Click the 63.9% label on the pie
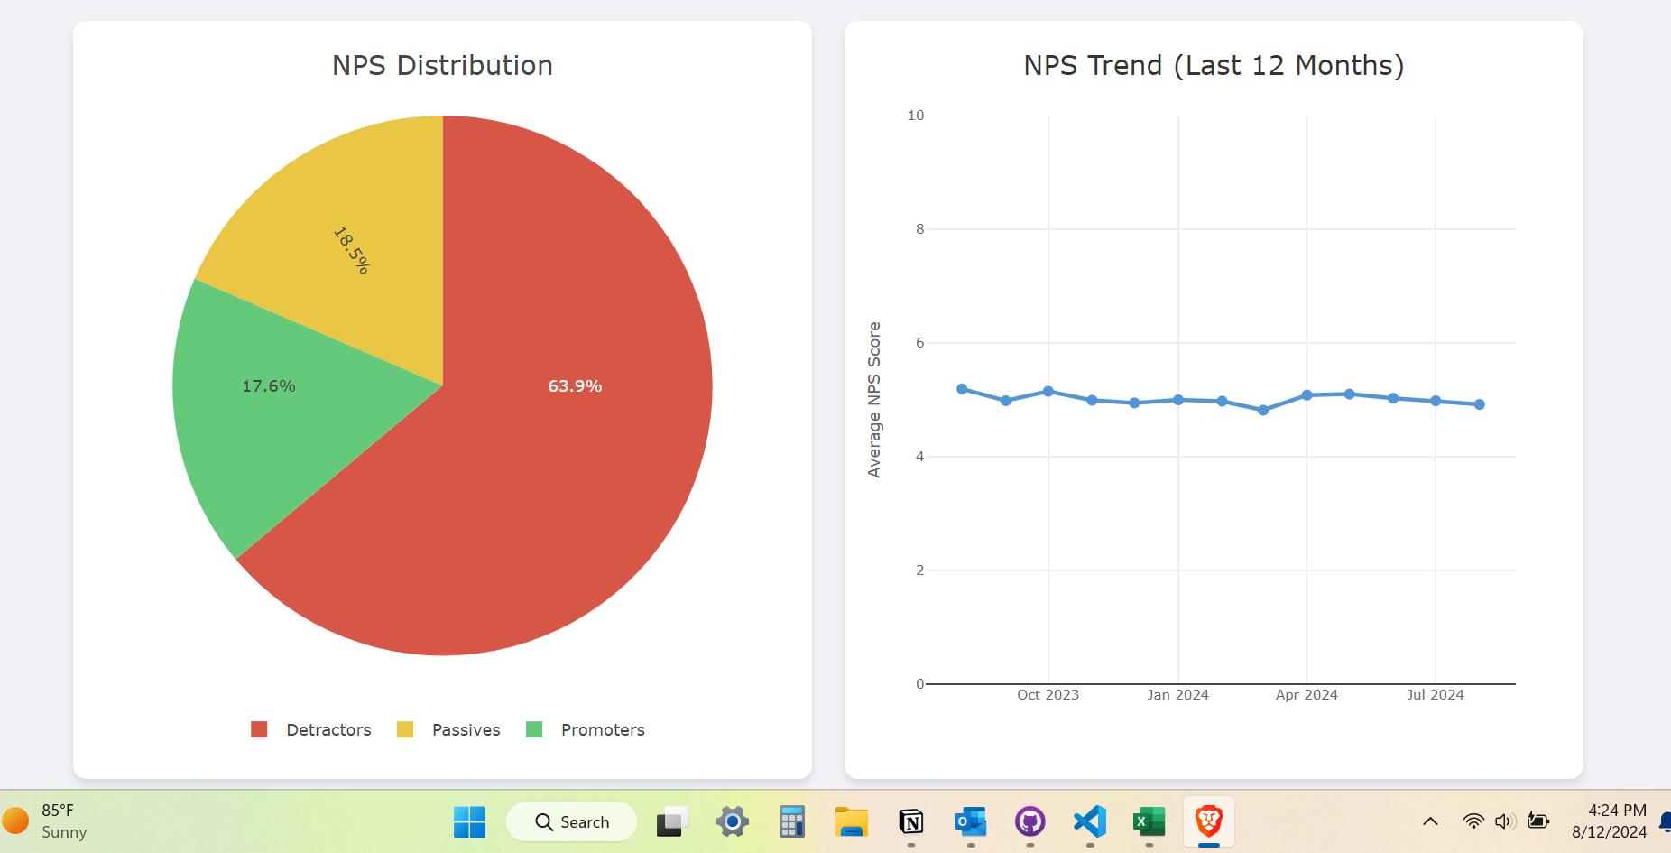(575, 386)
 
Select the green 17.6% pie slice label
(269, 386)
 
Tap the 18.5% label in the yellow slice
(351, 250)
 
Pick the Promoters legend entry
(586, 729)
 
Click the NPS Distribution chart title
(442, 66)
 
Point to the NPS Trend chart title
(1214, 66)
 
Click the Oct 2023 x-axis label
(1048, 695)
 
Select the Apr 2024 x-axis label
(1306, 695)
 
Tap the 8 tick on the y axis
(920, 229)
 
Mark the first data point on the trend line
(962, 389)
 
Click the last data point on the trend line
(1480, 404)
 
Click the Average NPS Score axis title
(873, 399)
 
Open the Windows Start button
(469, 822)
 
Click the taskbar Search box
(572, 822)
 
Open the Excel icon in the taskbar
(1149, 822)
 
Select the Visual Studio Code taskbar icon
(1090, 822)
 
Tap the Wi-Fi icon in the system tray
(1473, 821)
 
